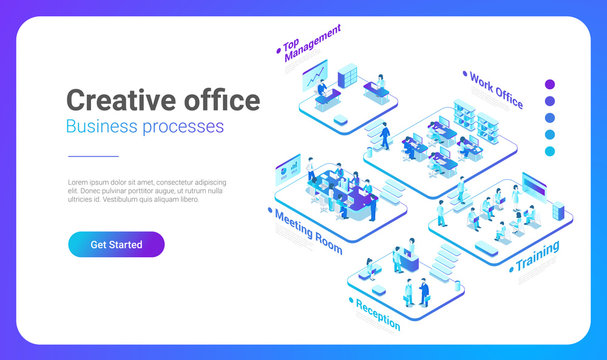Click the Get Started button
(x=116, y=244)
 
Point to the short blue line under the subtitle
(x=93, y=156)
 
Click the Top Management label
(x=311, y=42)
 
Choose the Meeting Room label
(x=307, y=230)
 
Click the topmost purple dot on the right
(x=549, y=85)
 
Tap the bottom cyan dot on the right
(x=549, y=151)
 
